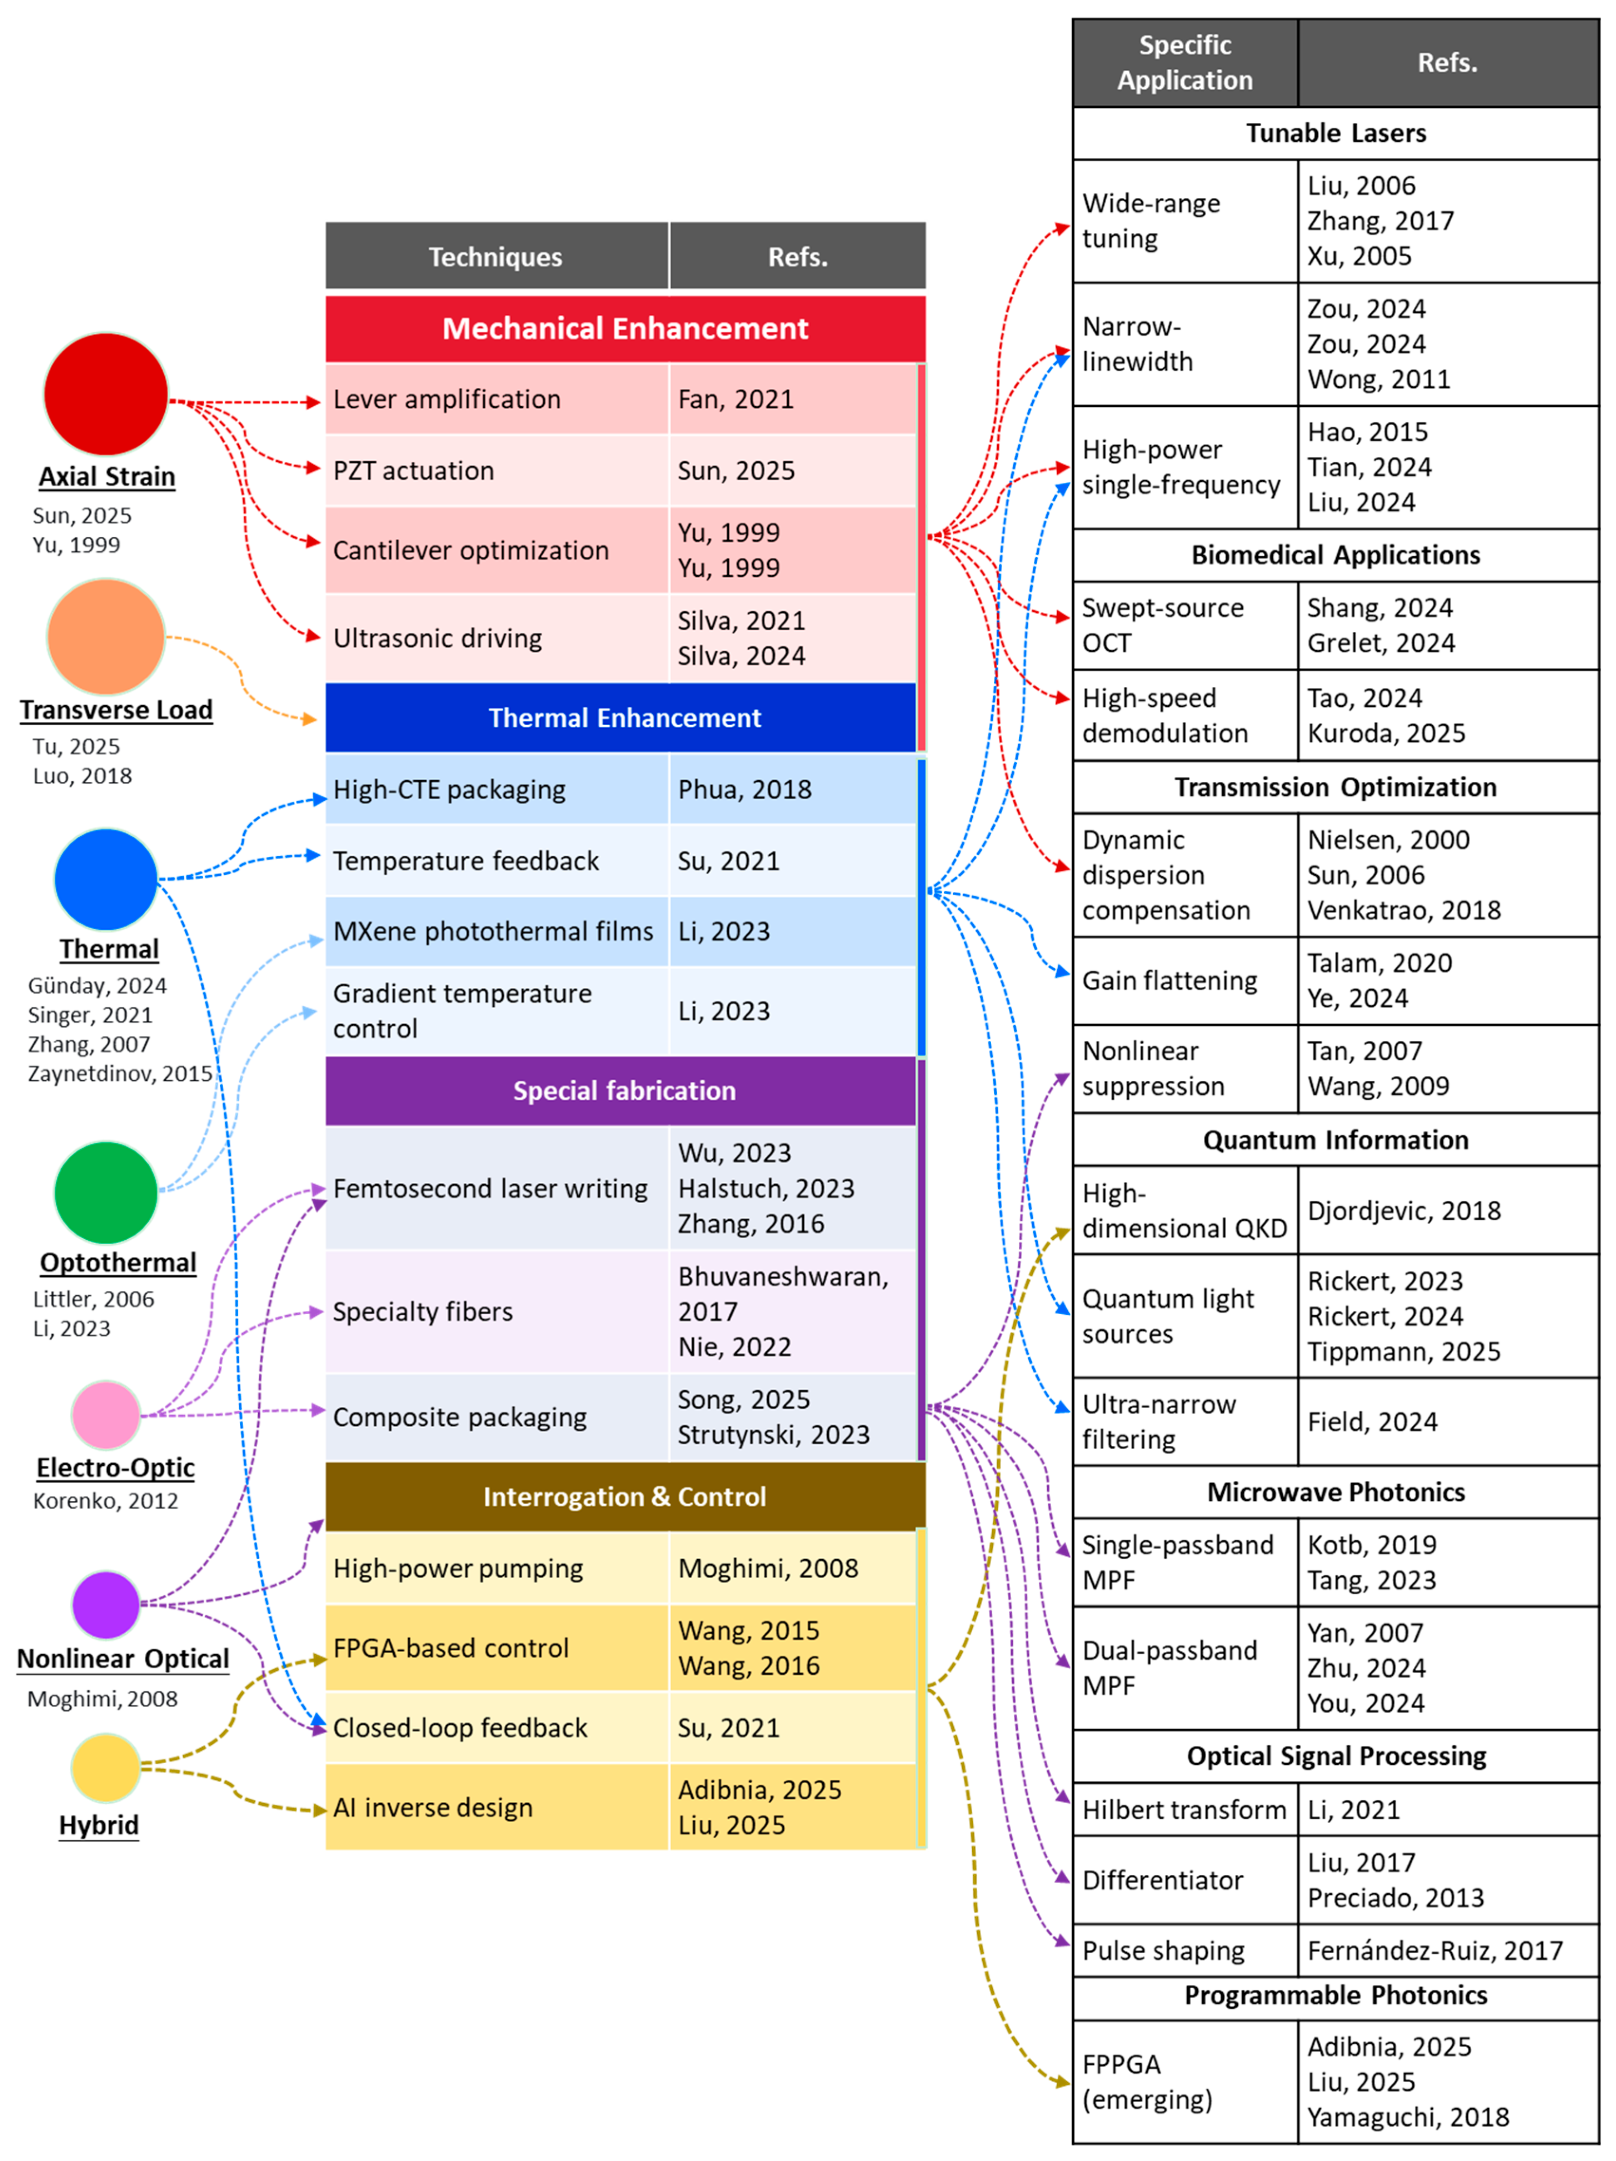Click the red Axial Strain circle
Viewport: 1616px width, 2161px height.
tap(105, 394)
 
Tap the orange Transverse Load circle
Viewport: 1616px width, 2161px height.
tap(105, 636)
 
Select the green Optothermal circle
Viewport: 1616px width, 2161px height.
tap(105, 1192)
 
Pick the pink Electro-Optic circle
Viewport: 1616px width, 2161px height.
tap(105, 1413)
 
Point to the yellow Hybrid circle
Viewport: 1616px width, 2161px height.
tap(105, 1766)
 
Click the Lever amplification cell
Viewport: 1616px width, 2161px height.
tap(496, 399)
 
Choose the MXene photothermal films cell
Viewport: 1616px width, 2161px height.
tap(496, 931)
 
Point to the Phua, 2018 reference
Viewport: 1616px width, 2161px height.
tap(744, 789)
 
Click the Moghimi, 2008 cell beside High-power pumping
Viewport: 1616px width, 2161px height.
tap(768, 1568)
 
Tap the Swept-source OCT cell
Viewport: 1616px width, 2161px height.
tap(1184, 625)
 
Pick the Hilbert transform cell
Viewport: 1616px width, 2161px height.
tap(1184, 1809)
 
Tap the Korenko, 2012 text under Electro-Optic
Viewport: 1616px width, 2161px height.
tap(105, 1501)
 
